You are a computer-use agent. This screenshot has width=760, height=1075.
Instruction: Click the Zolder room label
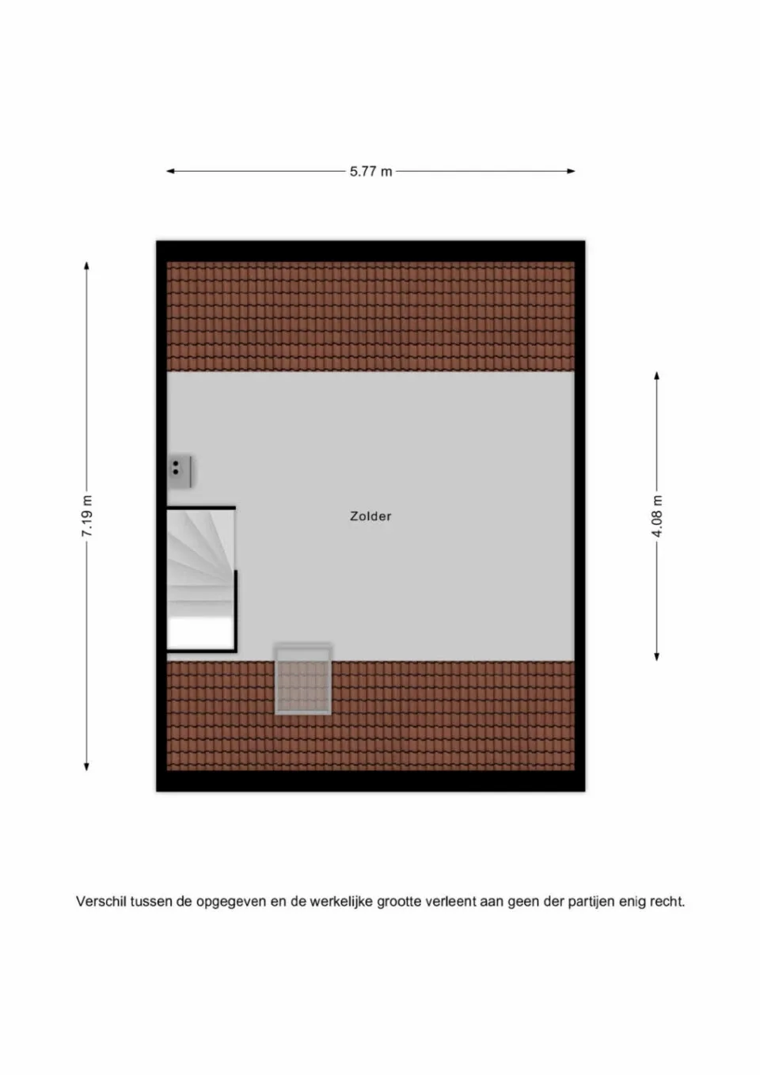tap(370, 516)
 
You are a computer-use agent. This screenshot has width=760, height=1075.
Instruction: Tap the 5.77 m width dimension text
tap(370, 171)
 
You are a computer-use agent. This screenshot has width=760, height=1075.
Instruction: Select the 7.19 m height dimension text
tap(87, 516)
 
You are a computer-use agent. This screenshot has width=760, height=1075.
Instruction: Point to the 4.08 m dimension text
tap(656, 516)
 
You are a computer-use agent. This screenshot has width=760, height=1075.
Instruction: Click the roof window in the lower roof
tap(303, 679)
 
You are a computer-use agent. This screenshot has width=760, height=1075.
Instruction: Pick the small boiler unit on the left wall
tap(181, 470)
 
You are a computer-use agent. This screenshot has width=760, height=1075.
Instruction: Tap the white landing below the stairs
tap(200, 633)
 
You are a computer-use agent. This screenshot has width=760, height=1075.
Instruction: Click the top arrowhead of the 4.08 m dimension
tap(656, 376)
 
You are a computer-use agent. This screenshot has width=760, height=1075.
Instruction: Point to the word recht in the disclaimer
tap(666, 901)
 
